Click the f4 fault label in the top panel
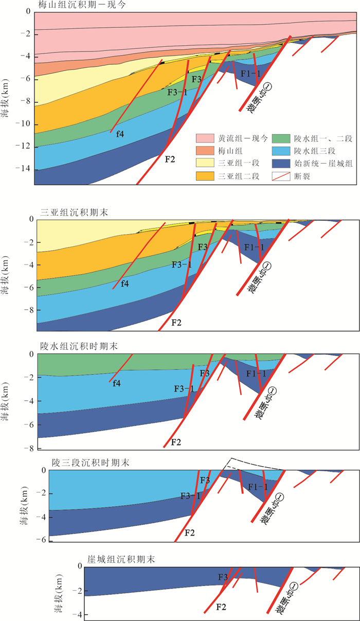tap(119, 134)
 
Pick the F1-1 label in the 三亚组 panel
tap(254, 248)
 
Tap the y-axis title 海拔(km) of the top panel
tap(6, 101)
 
